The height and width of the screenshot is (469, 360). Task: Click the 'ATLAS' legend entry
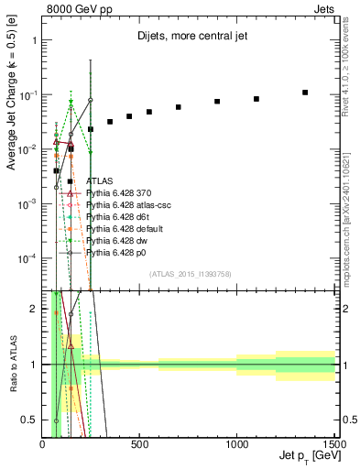[x=100, y=182]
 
